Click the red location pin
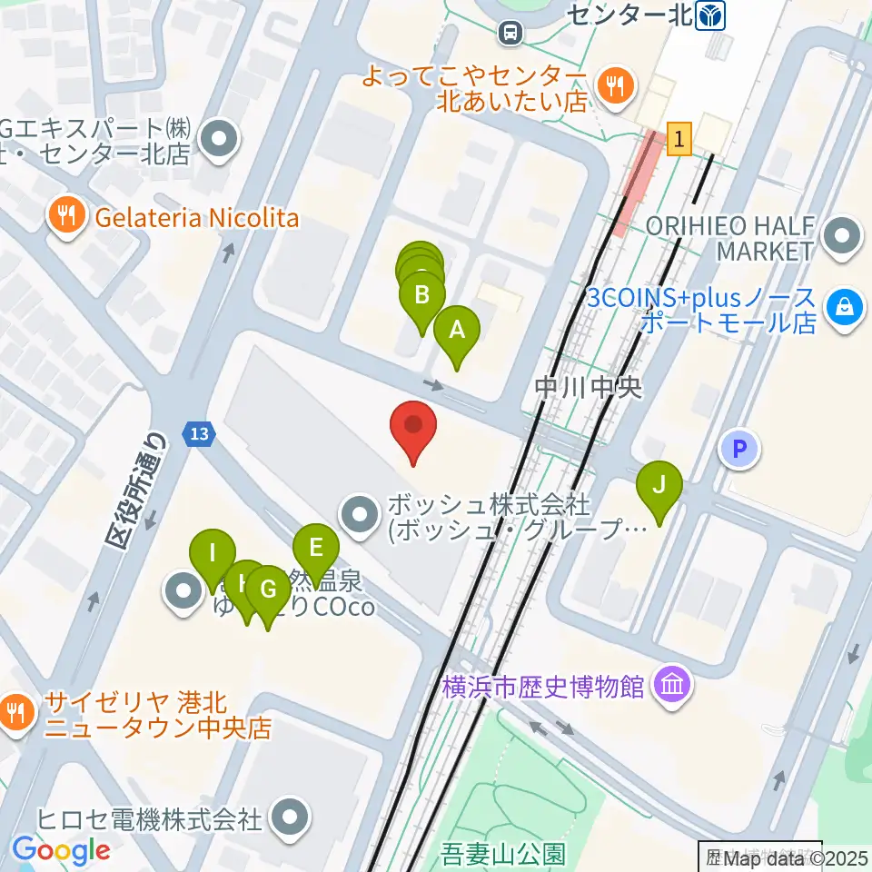pos(413,426)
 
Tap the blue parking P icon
pos(740,449)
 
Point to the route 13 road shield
pos(198,435)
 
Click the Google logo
pos(62,850)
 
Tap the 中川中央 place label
pos(588,388)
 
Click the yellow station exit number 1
pos(679,139)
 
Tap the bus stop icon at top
pos(511,34)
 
